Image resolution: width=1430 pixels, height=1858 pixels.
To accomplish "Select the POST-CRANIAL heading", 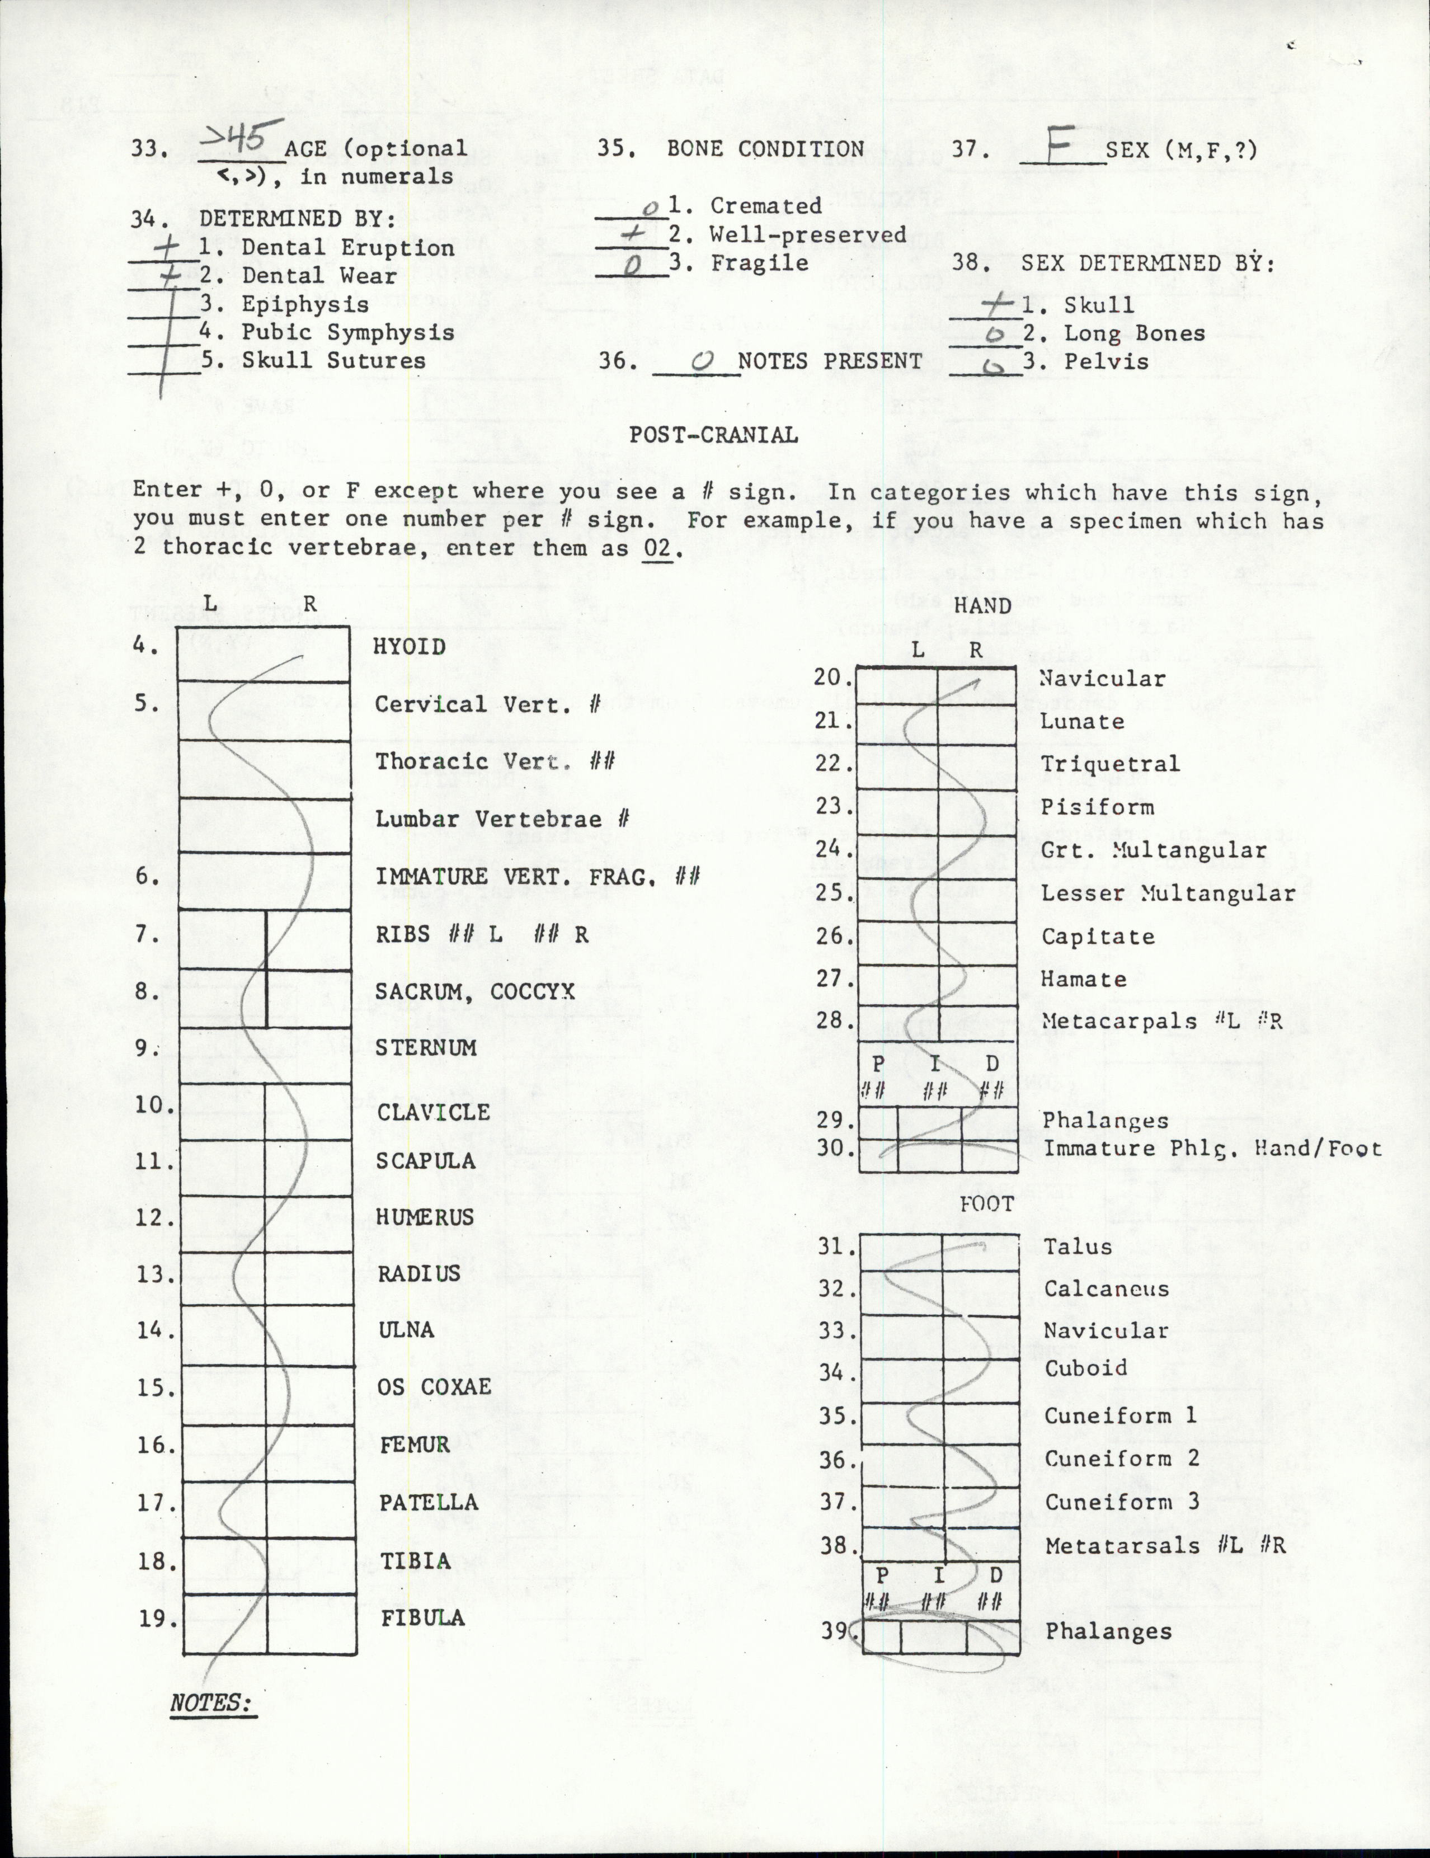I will click(713, 435).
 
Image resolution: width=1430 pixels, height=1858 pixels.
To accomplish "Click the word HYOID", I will click(409, 647).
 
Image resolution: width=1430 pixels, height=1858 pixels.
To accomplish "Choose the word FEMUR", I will click(414, 1445).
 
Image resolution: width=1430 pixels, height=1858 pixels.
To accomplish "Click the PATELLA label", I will click(428, 1502).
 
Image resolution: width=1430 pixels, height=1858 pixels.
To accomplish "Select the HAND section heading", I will click(982, 606).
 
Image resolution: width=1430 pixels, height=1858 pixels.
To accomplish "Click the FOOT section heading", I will click(987, 1204).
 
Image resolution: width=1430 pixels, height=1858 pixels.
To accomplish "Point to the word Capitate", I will click(1098, 937).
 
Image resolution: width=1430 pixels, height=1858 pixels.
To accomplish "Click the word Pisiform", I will click(1097, 807).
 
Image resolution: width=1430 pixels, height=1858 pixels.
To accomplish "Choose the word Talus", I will click(1078, 1246).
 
